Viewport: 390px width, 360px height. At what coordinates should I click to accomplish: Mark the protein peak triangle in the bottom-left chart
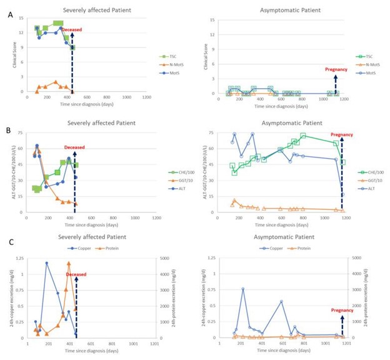pos(69,263)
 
